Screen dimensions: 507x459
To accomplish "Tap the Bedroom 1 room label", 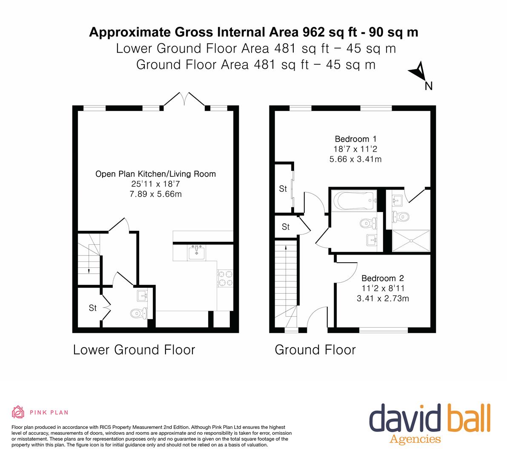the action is (355, 139).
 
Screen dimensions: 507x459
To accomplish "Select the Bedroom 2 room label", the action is (383, 278).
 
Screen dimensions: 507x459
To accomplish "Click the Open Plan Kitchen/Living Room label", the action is (155, 174).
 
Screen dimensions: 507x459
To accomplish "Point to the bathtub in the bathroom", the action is (355, 201).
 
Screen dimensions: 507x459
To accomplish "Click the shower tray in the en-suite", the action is (411, 241).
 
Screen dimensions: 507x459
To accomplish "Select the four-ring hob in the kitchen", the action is (225, 278).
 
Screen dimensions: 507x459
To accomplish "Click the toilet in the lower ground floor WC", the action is (139, 313).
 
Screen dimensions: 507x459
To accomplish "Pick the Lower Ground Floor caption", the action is (134, 350).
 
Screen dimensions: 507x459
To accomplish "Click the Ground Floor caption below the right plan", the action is (315, 350).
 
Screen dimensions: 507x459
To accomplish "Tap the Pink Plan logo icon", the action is (18, 412).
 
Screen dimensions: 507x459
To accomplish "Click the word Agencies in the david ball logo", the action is (415, 439).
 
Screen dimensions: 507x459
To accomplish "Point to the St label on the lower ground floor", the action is (93, 308).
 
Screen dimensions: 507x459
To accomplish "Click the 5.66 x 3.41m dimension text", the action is (355, 159).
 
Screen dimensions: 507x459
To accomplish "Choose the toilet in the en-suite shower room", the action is (400, 216).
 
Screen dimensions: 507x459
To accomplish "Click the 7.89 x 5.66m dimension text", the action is (155, 194).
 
